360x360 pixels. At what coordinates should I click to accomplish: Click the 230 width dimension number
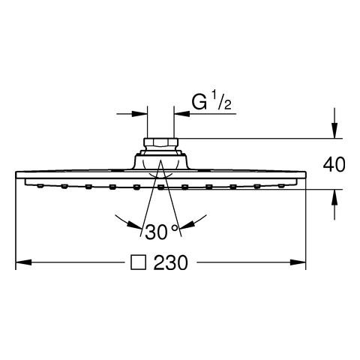(x=170, y=262)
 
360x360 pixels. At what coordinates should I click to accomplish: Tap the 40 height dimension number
(x=334, y=164)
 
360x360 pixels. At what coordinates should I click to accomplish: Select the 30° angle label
(x=161, y=232)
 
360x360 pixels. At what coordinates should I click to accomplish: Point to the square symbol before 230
(x=138, y=262)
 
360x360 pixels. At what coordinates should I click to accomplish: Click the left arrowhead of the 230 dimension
(x=23, y=262)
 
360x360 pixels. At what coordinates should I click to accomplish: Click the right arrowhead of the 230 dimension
(x=298, y=262)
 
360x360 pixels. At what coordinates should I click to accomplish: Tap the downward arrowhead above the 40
(x=334, y=130)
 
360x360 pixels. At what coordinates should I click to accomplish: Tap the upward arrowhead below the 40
(x=334, y=197)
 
